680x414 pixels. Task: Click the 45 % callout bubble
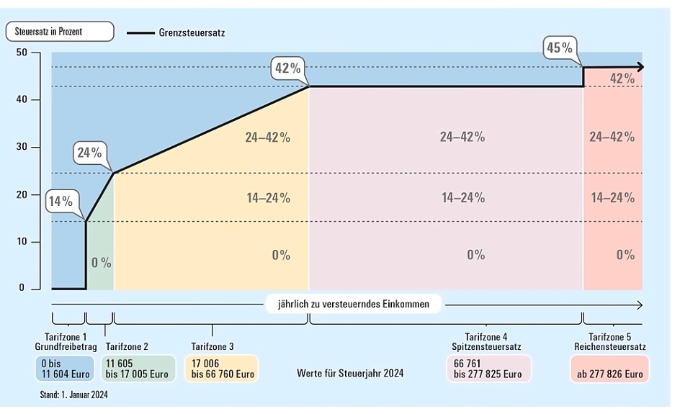(x=560, y=48)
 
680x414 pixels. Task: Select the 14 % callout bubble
(x=61, y=201)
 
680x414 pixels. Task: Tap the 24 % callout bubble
(x=89, y=152)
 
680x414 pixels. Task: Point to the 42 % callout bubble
(x=287, y=68)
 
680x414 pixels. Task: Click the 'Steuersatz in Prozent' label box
(x=60, y=32)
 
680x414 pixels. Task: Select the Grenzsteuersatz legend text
(x=192, y=32)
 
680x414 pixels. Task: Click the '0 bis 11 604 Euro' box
(x=65, y=369)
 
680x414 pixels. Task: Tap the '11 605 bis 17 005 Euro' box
(x=138, y=369)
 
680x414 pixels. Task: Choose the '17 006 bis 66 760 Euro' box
(x=222, y=369)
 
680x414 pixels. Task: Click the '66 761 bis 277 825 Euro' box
(x=488, y=369)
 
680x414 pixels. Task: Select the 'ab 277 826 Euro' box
(x=609, y=369)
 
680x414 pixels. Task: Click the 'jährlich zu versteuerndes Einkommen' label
(x=354, y=304)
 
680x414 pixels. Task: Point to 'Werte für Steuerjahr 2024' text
(x=350, y=373)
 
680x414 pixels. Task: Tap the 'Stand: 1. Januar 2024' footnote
(x=73, y=395)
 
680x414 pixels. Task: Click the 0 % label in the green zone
(x=101, y=263)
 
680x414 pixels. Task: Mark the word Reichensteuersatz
(x=610, y=347)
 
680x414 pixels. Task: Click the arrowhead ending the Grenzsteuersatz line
(x=640, y=67)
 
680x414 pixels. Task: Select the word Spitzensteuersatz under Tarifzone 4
(x=486, y=347)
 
